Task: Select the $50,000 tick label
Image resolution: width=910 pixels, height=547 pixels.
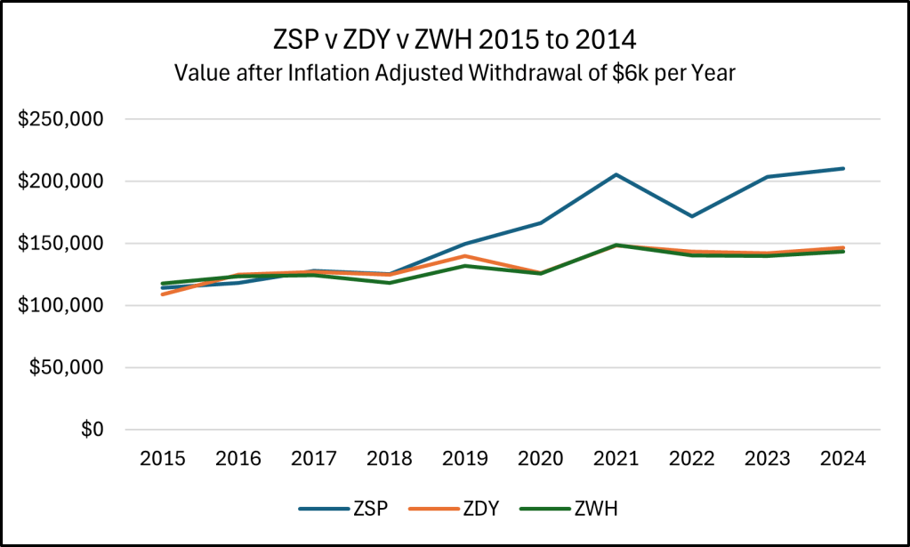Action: (x=67, y=367)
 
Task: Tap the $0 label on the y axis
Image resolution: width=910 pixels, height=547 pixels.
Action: (x=93, y=430)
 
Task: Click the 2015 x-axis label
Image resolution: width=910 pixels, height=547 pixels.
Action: (x=163, y=459)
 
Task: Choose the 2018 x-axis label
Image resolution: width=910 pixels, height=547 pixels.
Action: (x=390, y=459)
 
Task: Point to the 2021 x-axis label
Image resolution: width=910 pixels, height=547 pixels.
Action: (x=616, y=459)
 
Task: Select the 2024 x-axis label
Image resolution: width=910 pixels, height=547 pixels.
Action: (x=843, y=459)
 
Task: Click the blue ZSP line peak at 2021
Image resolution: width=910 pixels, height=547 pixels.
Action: (x=616, y=174)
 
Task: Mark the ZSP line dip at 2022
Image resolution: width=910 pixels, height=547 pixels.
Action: (x=692, y=216)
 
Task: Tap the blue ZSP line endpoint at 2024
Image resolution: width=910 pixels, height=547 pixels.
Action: (x=843, y=168)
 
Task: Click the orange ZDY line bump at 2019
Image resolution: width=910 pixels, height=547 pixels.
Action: (x=465, y=256)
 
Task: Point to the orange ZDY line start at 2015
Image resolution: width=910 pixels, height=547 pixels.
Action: (x=163, y=294)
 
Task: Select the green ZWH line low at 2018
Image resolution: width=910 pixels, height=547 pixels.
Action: (x=390, y=283)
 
